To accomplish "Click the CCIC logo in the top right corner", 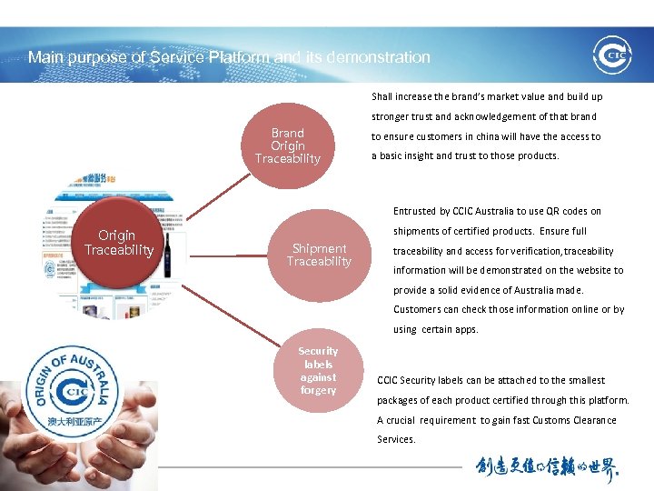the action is click(611, 55).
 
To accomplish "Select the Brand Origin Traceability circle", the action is click(288, 145).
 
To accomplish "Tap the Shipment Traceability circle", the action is click(319, 255).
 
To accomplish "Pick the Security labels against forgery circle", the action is click(318, 370).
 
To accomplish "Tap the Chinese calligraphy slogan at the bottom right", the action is click(548, 467).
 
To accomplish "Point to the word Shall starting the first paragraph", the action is click(382, 96).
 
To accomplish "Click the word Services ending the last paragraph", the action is click(396, 439).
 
